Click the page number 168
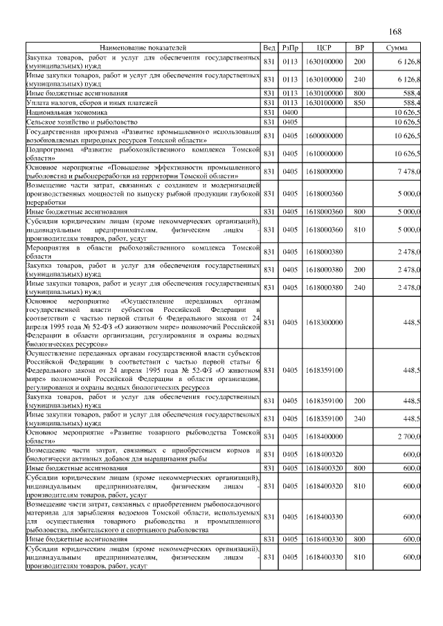click(395, 32)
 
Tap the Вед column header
click(269, 47)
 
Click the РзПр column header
click(290, 47)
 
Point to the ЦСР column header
click(323, 47)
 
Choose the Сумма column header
click(397, 47)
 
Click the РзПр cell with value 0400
click(290, 111)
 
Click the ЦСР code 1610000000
click(323, 154)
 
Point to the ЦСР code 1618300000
click(323, 322)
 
